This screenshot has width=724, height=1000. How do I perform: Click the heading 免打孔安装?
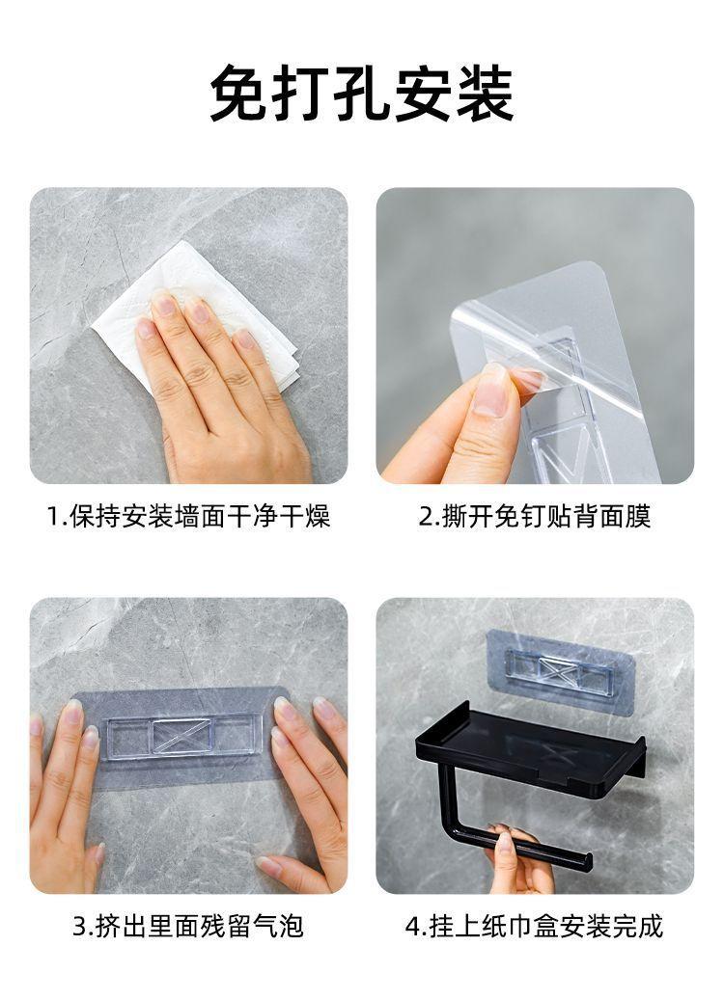click(361, 94)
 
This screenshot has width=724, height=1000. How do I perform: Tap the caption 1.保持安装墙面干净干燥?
click(189, 516)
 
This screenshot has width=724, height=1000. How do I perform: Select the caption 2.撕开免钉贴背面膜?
click(535, 516)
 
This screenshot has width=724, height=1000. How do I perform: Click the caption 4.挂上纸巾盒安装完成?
click(535, 926)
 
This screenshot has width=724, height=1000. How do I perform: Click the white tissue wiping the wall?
click(191, 306)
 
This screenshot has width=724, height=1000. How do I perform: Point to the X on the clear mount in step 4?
click(555, 669)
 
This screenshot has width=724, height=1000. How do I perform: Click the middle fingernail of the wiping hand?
click(198, 311)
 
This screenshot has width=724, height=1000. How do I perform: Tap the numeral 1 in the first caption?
click(54, 517)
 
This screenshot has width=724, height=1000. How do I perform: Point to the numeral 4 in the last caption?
click(412, 926)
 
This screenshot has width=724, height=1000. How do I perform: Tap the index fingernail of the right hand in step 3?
click(285, 709)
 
